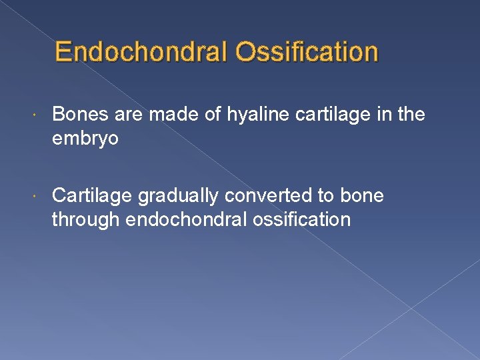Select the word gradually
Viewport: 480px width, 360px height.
[179, 196]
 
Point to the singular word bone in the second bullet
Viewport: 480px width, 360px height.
[361, 196]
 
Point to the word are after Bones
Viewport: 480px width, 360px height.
[129, 115]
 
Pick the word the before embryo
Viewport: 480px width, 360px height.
[410, 115]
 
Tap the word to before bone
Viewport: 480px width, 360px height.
[325, 196]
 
